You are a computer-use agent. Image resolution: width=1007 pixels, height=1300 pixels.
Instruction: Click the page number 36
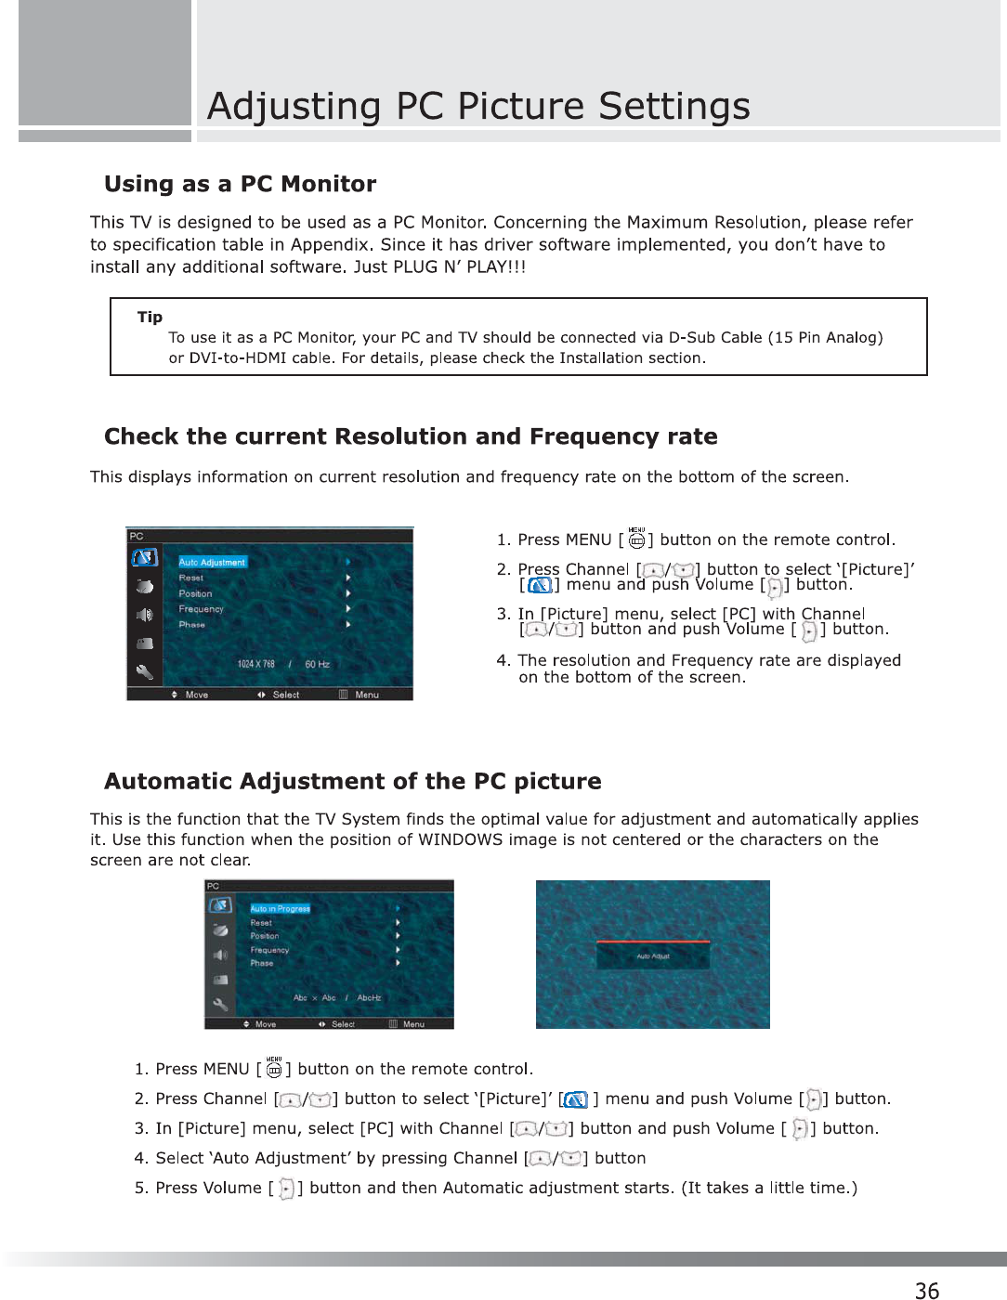926,1290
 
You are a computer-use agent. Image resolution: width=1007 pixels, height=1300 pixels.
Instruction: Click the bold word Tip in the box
150,317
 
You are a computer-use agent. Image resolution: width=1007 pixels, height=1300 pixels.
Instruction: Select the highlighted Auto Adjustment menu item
212,562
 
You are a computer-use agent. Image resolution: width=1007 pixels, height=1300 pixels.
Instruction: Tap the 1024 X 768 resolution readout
255,664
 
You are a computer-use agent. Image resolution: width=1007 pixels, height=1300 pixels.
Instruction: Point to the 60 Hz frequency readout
317,664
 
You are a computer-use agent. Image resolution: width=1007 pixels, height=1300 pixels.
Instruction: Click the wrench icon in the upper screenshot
144,670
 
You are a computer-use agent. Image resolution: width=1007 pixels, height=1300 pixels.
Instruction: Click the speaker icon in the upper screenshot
144,615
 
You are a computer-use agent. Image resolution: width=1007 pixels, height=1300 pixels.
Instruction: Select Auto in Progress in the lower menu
280,908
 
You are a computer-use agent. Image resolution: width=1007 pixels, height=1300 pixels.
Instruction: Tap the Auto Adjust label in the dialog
653,955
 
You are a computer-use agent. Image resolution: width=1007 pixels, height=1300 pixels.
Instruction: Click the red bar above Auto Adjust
653,941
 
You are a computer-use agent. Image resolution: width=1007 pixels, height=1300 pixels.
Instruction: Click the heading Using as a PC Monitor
240,184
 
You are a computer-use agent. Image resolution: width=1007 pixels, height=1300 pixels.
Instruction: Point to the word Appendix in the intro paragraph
332,244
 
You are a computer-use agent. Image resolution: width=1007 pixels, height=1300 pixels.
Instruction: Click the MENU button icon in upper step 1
636,539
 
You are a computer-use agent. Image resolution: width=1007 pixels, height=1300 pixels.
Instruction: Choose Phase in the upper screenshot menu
192,625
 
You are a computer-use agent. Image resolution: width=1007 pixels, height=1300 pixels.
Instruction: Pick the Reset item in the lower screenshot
261,923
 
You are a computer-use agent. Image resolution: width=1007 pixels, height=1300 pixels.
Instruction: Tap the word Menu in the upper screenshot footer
367,695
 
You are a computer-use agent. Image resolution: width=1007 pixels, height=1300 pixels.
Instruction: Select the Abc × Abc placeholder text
314,998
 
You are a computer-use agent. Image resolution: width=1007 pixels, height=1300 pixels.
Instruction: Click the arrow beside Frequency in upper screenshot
347,609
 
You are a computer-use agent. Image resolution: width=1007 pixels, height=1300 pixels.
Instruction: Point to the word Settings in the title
674,106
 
